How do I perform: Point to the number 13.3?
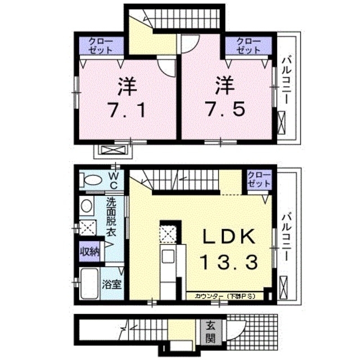227,262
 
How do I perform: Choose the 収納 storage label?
89,251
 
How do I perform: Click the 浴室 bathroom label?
112,284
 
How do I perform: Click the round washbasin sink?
87,206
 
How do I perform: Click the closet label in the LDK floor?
259,180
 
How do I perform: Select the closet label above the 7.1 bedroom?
100,46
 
